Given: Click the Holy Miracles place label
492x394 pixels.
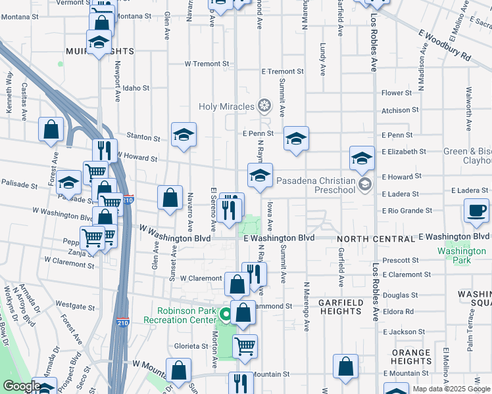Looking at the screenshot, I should pos(227,106).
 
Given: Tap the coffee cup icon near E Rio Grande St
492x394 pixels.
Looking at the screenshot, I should pos(476,211).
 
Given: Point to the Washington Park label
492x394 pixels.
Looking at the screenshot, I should pos(462,255).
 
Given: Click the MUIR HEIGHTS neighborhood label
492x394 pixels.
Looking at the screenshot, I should pos(99,51).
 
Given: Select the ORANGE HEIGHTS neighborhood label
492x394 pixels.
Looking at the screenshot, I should pos(411,357).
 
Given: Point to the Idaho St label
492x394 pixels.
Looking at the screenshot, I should pos(136,87).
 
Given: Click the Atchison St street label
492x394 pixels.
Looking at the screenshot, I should pos(400,110).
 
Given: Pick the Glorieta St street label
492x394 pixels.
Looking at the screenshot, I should pos(191,346).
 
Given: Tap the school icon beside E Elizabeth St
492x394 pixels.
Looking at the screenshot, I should pos(361,158).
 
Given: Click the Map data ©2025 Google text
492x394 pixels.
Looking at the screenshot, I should pos(451,389).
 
